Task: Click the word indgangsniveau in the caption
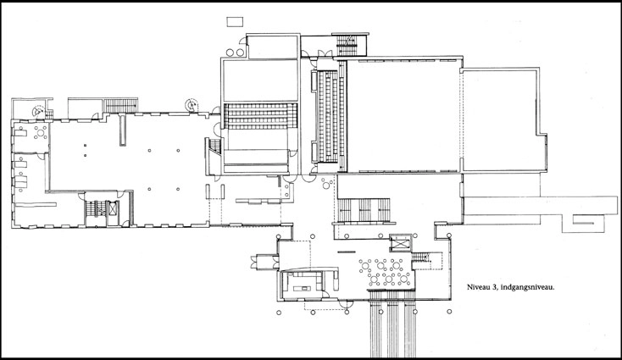coord(530,288)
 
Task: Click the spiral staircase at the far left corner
coord(37,110)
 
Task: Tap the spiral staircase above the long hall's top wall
coord(193,105)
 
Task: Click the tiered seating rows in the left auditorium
coord(260,113)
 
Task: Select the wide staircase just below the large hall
coord(366,208)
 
